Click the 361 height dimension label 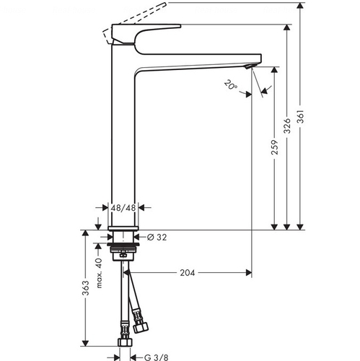(301, 117)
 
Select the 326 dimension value (287, 126)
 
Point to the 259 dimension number (275, 147)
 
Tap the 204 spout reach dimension (188, 273)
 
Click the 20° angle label (231, 84)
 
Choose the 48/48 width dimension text (123, 208)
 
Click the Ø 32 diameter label (157, 238)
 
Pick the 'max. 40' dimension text (99, 273)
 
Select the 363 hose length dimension (86, 287)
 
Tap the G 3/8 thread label (157, 357)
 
